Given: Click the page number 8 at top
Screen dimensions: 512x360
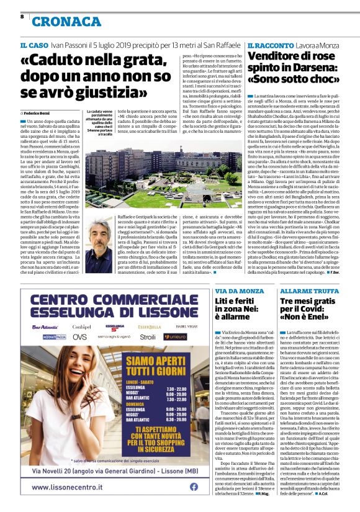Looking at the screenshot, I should coord(22,17).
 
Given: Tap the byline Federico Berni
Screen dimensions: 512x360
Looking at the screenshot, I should coord(39,114).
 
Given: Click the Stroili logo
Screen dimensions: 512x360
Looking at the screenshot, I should coord(148,336).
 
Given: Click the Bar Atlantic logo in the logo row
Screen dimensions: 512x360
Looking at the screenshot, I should coord(45,326).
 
